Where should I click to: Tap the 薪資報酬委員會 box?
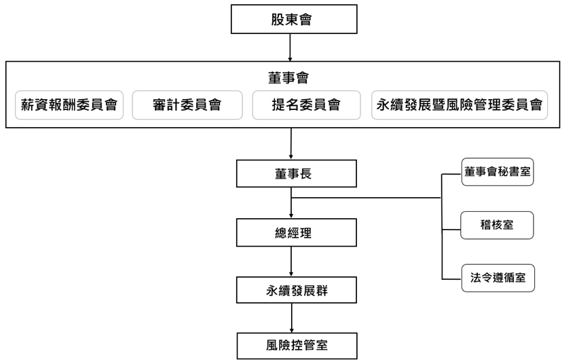coord(69,105)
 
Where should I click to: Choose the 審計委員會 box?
coord(187,105)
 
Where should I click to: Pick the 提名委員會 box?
coord(306,105)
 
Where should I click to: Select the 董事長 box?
coord(296,173)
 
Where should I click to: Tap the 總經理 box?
coord(296,233)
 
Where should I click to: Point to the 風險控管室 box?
coord(296,346)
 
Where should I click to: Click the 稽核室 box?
coord(497,225)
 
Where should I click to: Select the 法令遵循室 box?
coord(497,277)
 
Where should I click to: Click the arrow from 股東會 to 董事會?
coord(290,47)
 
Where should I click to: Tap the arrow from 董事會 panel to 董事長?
coord(290,144)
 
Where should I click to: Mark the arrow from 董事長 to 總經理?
coord(291,204)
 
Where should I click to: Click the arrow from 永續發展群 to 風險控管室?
coord(291,318)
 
